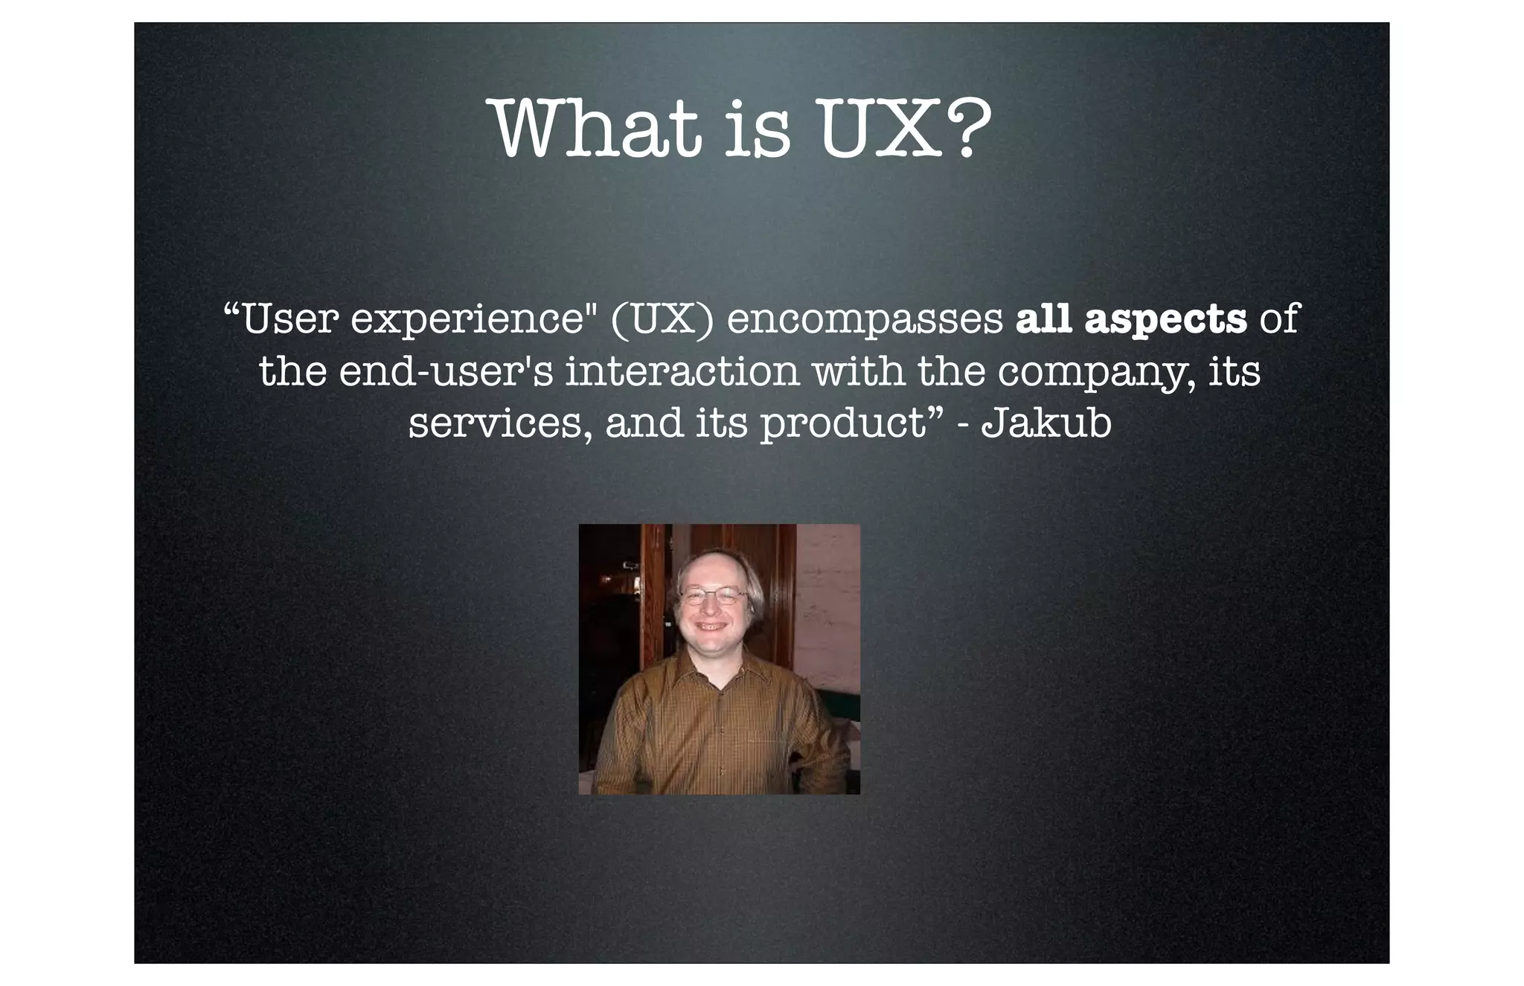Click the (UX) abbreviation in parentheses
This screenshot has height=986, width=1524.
(x=662, y=319)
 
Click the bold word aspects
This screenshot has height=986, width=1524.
(x=1165, y=321)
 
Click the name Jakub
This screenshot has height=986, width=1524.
(x=1046, y=422)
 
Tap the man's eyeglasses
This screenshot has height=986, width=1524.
(x=713, y=595)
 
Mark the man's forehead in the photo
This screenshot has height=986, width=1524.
(x=711, y=570)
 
